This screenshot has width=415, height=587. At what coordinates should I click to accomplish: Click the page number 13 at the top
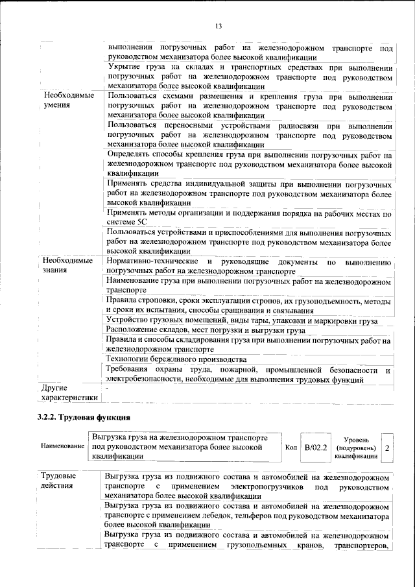click(x=219, y=26)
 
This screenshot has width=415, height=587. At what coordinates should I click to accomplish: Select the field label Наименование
click(x=62, y=448)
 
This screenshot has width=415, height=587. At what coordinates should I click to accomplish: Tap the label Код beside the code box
click(x=291, y=448)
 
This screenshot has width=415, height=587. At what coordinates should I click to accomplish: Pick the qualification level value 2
click(x=387, y=448)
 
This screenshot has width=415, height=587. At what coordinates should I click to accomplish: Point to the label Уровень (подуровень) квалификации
click(x=356, y=448)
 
